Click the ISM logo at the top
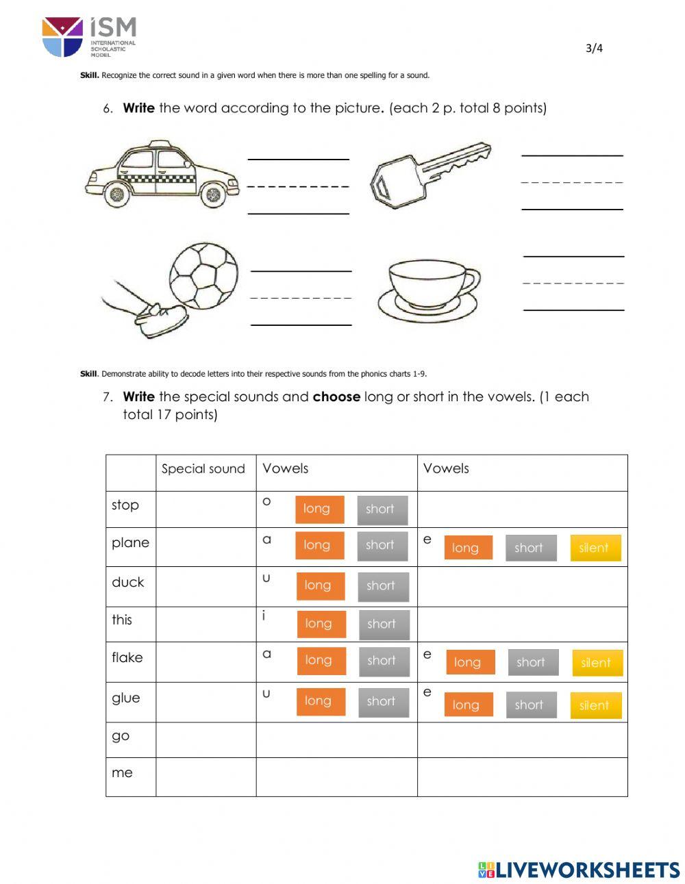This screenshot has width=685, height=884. (x=89, y=37)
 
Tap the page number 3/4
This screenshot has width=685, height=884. (x=594, y=48)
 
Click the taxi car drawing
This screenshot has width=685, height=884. (x=162, y=175)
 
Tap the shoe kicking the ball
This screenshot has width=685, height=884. (x=162, y=319)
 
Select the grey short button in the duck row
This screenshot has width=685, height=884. (x=381, y=586)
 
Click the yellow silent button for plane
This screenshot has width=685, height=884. (x=595, y=548)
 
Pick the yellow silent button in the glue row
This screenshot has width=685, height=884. (x=595, y=705)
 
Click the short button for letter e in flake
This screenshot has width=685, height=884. (x=532, y=662)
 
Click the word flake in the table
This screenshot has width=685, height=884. (x=127, y=657)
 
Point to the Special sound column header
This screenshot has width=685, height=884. (x=203, y=469)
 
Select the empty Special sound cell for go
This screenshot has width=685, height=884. (x=206, y=740)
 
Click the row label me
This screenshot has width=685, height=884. (x=122, y=773)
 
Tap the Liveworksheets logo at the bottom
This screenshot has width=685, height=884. (x=579, y=870)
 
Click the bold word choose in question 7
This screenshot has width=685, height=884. (x=336, y=396)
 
